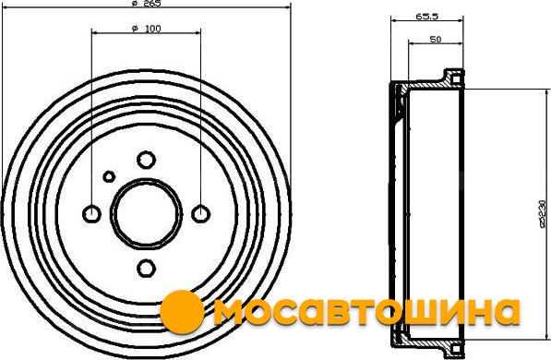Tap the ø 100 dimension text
click(x=147, y=29)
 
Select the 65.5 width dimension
click(x=427, y=17)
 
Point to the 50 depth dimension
click(x=436, y=40)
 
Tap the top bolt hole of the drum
click(x=146, y=160)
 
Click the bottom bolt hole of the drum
click(x=146, y=269)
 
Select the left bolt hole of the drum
click(x=91, y=214)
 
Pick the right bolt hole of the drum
click(x=201, y=214)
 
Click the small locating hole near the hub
click(x=109, y=176)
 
